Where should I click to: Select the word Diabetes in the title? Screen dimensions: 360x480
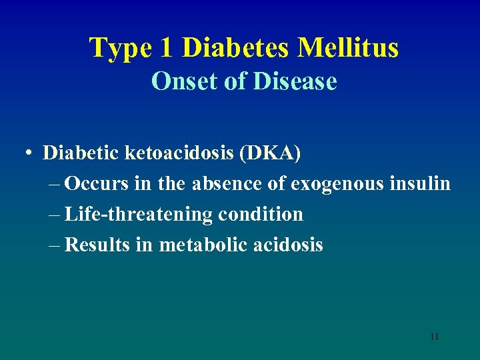point(235,48)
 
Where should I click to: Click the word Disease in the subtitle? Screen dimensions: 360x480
point(296,82)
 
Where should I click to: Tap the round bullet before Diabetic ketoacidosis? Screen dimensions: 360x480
point(31,153)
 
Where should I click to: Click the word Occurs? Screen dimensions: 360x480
point(97,183)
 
